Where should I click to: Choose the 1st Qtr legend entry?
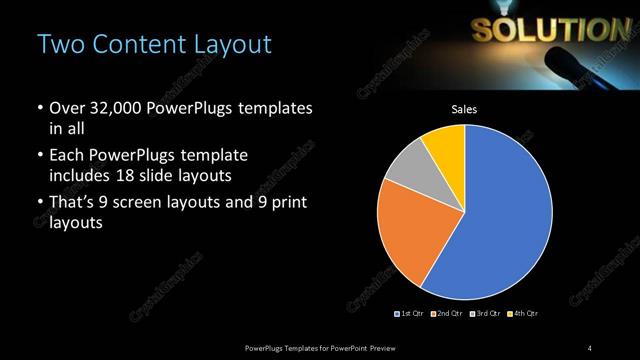410,314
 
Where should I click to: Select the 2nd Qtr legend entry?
447,314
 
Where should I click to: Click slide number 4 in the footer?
589,347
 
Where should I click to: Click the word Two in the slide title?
55,45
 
